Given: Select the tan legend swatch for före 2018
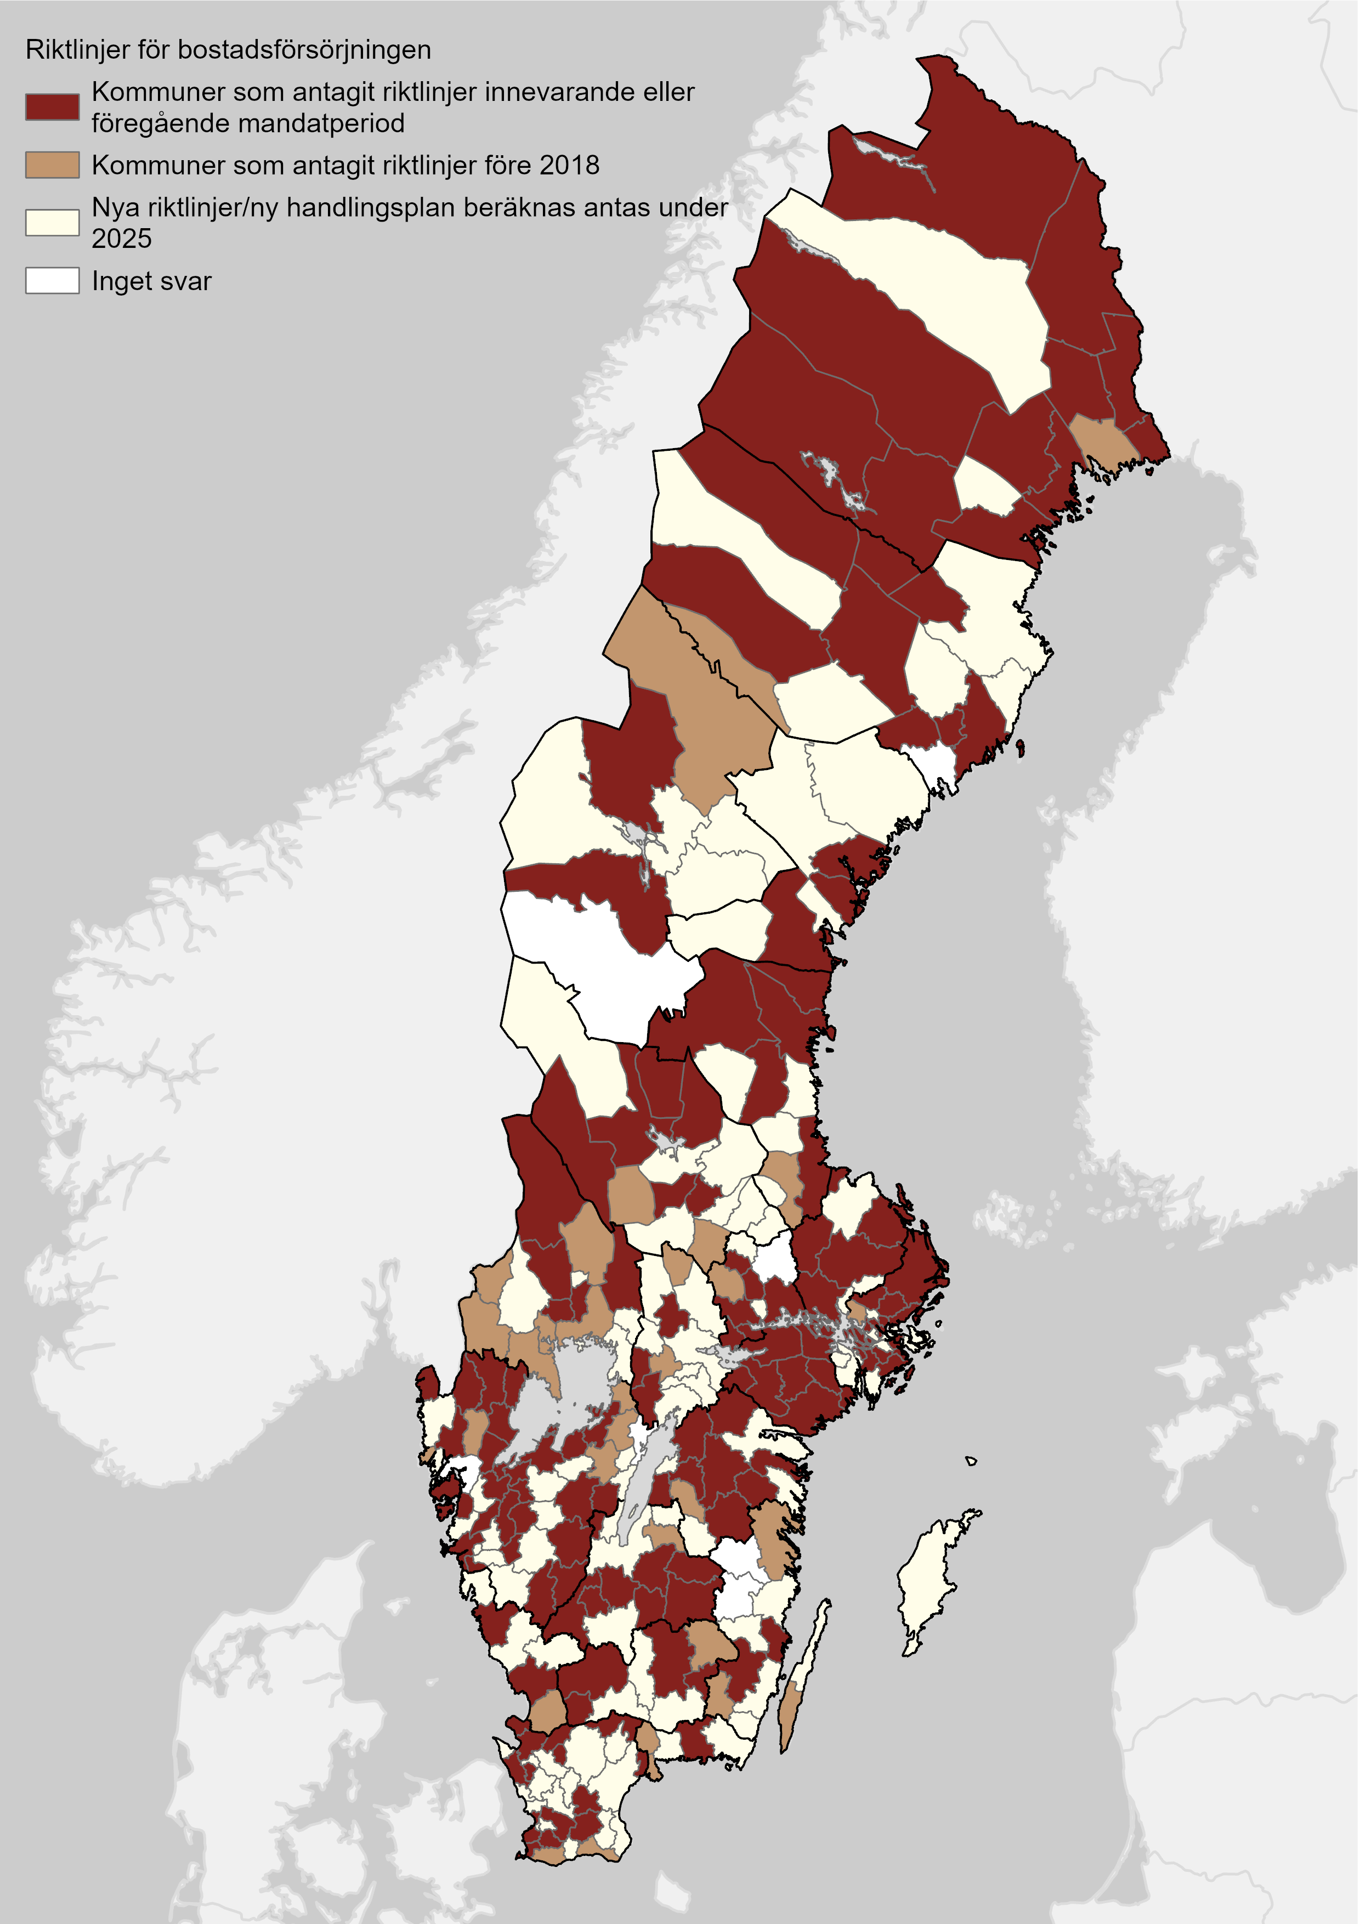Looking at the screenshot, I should tap(52, 165).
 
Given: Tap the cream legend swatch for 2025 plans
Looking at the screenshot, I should tap(52, 223).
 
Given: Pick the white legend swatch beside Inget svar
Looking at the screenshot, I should tap(52, 281).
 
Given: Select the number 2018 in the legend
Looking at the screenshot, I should tap(569, 165).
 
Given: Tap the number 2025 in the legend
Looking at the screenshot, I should tap(122, 239).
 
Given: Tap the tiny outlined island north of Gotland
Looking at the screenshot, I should tap(970, 1461).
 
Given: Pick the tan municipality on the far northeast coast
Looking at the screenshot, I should tap(1101, 439).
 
